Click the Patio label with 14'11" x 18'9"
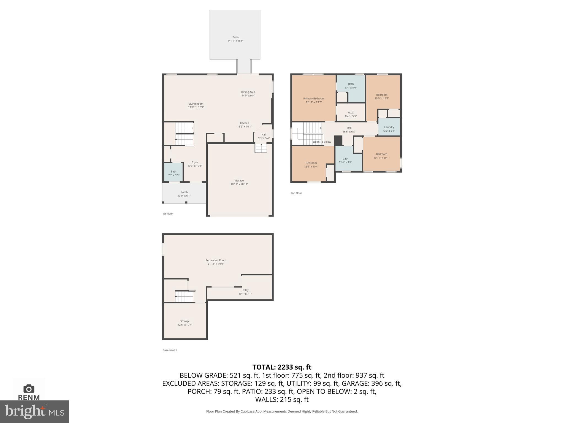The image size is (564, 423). click(x=235, y=39)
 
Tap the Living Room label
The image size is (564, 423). click(x=196, y=105)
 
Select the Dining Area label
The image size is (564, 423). click(x=248, y=94)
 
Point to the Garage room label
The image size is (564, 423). click(x=239, y=182)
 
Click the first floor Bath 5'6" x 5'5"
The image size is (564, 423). click(x=173, y=173)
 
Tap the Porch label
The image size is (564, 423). click(x=184, y=194)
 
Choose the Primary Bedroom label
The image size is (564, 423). click(x=314, y=100)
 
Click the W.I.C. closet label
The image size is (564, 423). click(x=351, y=114)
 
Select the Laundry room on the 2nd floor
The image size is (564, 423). click(x=389, y=129)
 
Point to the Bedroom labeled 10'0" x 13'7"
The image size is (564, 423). click(x=382, y=96)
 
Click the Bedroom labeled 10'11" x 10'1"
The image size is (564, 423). click(x=381, y=156)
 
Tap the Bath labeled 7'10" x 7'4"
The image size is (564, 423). click(x=345, y=160)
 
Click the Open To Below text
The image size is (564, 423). click(x=322, y=142)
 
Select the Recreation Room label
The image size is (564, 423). click(x=216, y=262)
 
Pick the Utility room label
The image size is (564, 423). click(x=245, y=292)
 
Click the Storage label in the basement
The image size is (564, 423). click(x=185, y=323)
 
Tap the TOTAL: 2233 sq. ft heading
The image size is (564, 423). click(x=282, y=367)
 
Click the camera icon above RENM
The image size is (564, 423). click(x=29, y=389)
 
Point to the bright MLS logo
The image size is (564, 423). click(x=34, y=411)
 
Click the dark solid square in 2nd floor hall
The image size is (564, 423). click(x=338, y=140)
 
